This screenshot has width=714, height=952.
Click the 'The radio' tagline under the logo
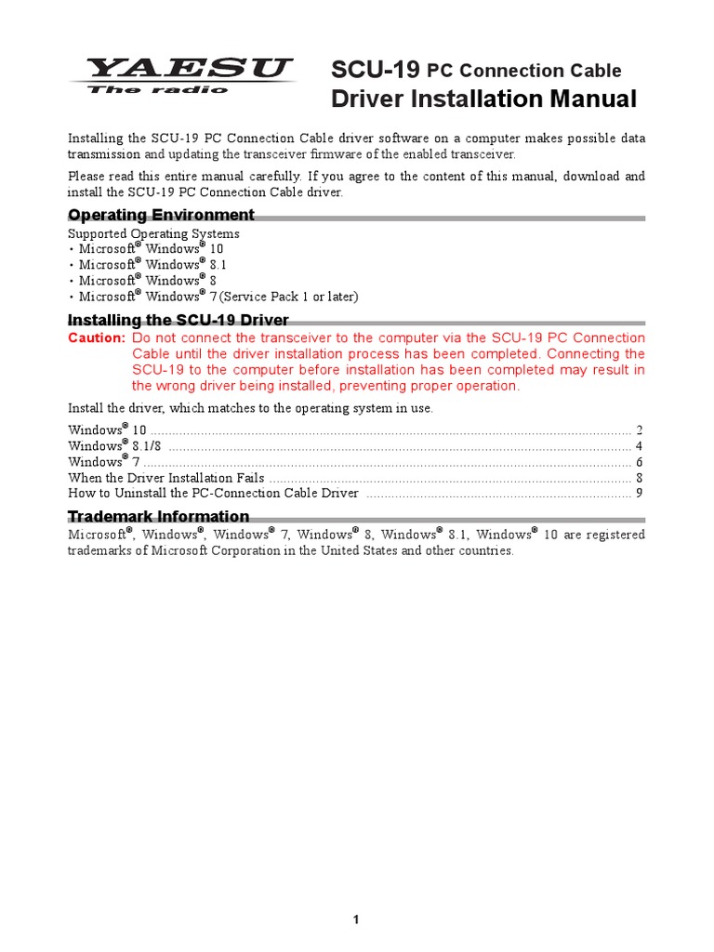[157, 90]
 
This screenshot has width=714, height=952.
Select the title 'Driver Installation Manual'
[483, 99]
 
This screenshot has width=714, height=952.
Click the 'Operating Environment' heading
[161, 216]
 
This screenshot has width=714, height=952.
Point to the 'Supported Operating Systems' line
[153, 234]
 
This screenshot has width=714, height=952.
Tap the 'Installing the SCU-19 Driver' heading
[178, 321]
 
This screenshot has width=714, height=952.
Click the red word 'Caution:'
[96, 337]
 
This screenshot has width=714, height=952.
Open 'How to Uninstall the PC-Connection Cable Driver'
[213, 494]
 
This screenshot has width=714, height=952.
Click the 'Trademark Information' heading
[158, 516]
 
